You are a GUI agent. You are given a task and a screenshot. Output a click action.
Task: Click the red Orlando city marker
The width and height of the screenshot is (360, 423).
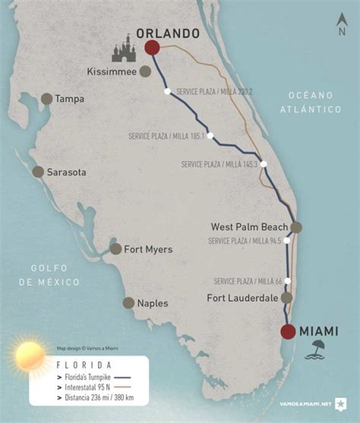click(152, 47)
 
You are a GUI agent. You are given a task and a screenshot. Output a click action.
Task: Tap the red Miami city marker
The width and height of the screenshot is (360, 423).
click(287, 331)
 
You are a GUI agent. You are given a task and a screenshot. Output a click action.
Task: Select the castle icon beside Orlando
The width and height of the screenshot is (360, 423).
click(126, 47)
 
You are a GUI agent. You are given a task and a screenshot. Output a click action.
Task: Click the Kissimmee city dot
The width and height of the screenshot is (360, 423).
click(145, 71)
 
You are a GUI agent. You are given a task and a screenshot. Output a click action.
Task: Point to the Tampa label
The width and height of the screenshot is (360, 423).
click(69, 99)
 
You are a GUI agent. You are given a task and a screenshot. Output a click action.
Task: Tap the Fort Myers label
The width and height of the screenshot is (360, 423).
click(148, 249)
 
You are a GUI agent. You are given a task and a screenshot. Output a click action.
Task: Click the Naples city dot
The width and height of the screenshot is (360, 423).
click(128, 302)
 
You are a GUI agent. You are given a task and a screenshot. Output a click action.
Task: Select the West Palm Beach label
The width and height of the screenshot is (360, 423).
click(249, 227)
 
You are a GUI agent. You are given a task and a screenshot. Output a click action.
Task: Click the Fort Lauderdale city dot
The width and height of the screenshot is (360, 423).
click(286, 298)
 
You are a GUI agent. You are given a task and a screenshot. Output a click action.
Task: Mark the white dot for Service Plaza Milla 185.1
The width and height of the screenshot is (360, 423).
click(210, 135)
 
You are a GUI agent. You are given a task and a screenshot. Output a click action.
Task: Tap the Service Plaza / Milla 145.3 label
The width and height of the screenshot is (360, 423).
click(219, 164)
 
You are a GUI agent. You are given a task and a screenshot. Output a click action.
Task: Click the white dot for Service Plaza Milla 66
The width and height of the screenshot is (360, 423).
click(287, 281)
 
